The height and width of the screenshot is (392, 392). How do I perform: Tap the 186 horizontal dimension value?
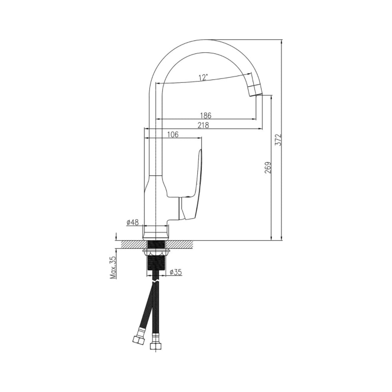click(206, 116)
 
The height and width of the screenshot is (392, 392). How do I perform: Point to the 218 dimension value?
click(203, 125)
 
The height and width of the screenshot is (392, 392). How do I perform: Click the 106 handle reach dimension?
click(173, 134)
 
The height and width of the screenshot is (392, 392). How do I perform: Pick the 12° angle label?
click(203, 78)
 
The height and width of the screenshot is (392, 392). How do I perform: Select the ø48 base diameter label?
click(133, 222)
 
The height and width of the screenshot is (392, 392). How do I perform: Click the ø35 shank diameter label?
click(176, 272)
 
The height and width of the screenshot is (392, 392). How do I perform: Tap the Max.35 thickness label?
click(114, 267)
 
